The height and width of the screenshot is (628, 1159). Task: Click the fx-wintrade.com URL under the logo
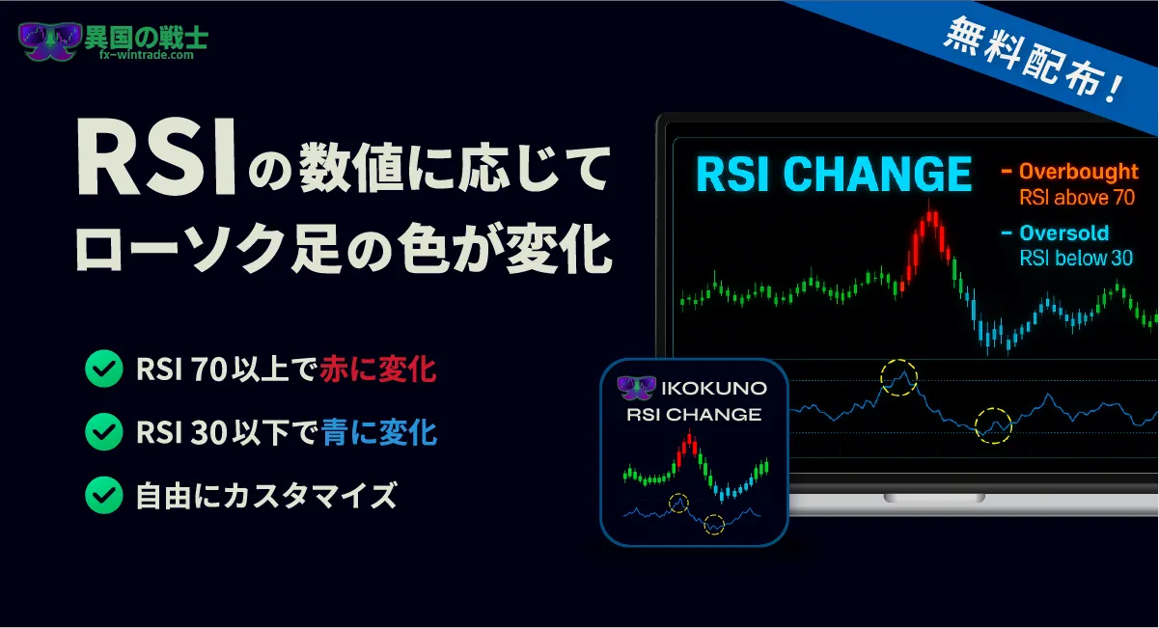[x=147, y=55]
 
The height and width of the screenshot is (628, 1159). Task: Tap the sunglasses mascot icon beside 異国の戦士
[x=49, y=41]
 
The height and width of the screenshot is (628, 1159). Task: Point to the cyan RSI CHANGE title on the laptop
[x=834, y=175]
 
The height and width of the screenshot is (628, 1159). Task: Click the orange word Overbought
[x=1078, y=171]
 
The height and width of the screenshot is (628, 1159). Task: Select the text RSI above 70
[x=1077, y=197]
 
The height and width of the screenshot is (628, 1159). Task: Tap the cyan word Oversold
[x=1063, y=232]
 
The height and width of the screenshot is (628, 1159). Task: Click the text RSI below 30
[x=1076, y=258]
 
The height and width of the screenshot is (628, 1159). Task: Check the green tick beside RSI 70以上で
[x=104, y=369]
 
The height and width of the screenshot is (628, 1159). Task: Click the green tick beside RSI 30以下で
[x=104, y=431]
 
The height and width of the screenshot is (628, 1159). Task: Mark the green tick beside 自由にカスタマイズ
[x=104, y=495]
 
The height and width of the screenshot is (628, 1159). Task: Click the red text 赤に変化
[x=377, y=369]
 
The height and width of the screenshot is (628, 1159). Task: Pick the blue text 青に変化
[x=378, y=432]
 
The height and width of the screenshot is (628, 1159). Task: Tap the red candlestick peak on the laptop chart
[x=930, y=217]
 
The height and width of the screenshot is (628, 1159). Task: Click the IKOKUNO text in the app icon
[x=714, y=388]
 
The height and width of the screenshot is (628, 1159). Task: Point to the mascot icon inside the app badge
[x=636, y=388]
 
